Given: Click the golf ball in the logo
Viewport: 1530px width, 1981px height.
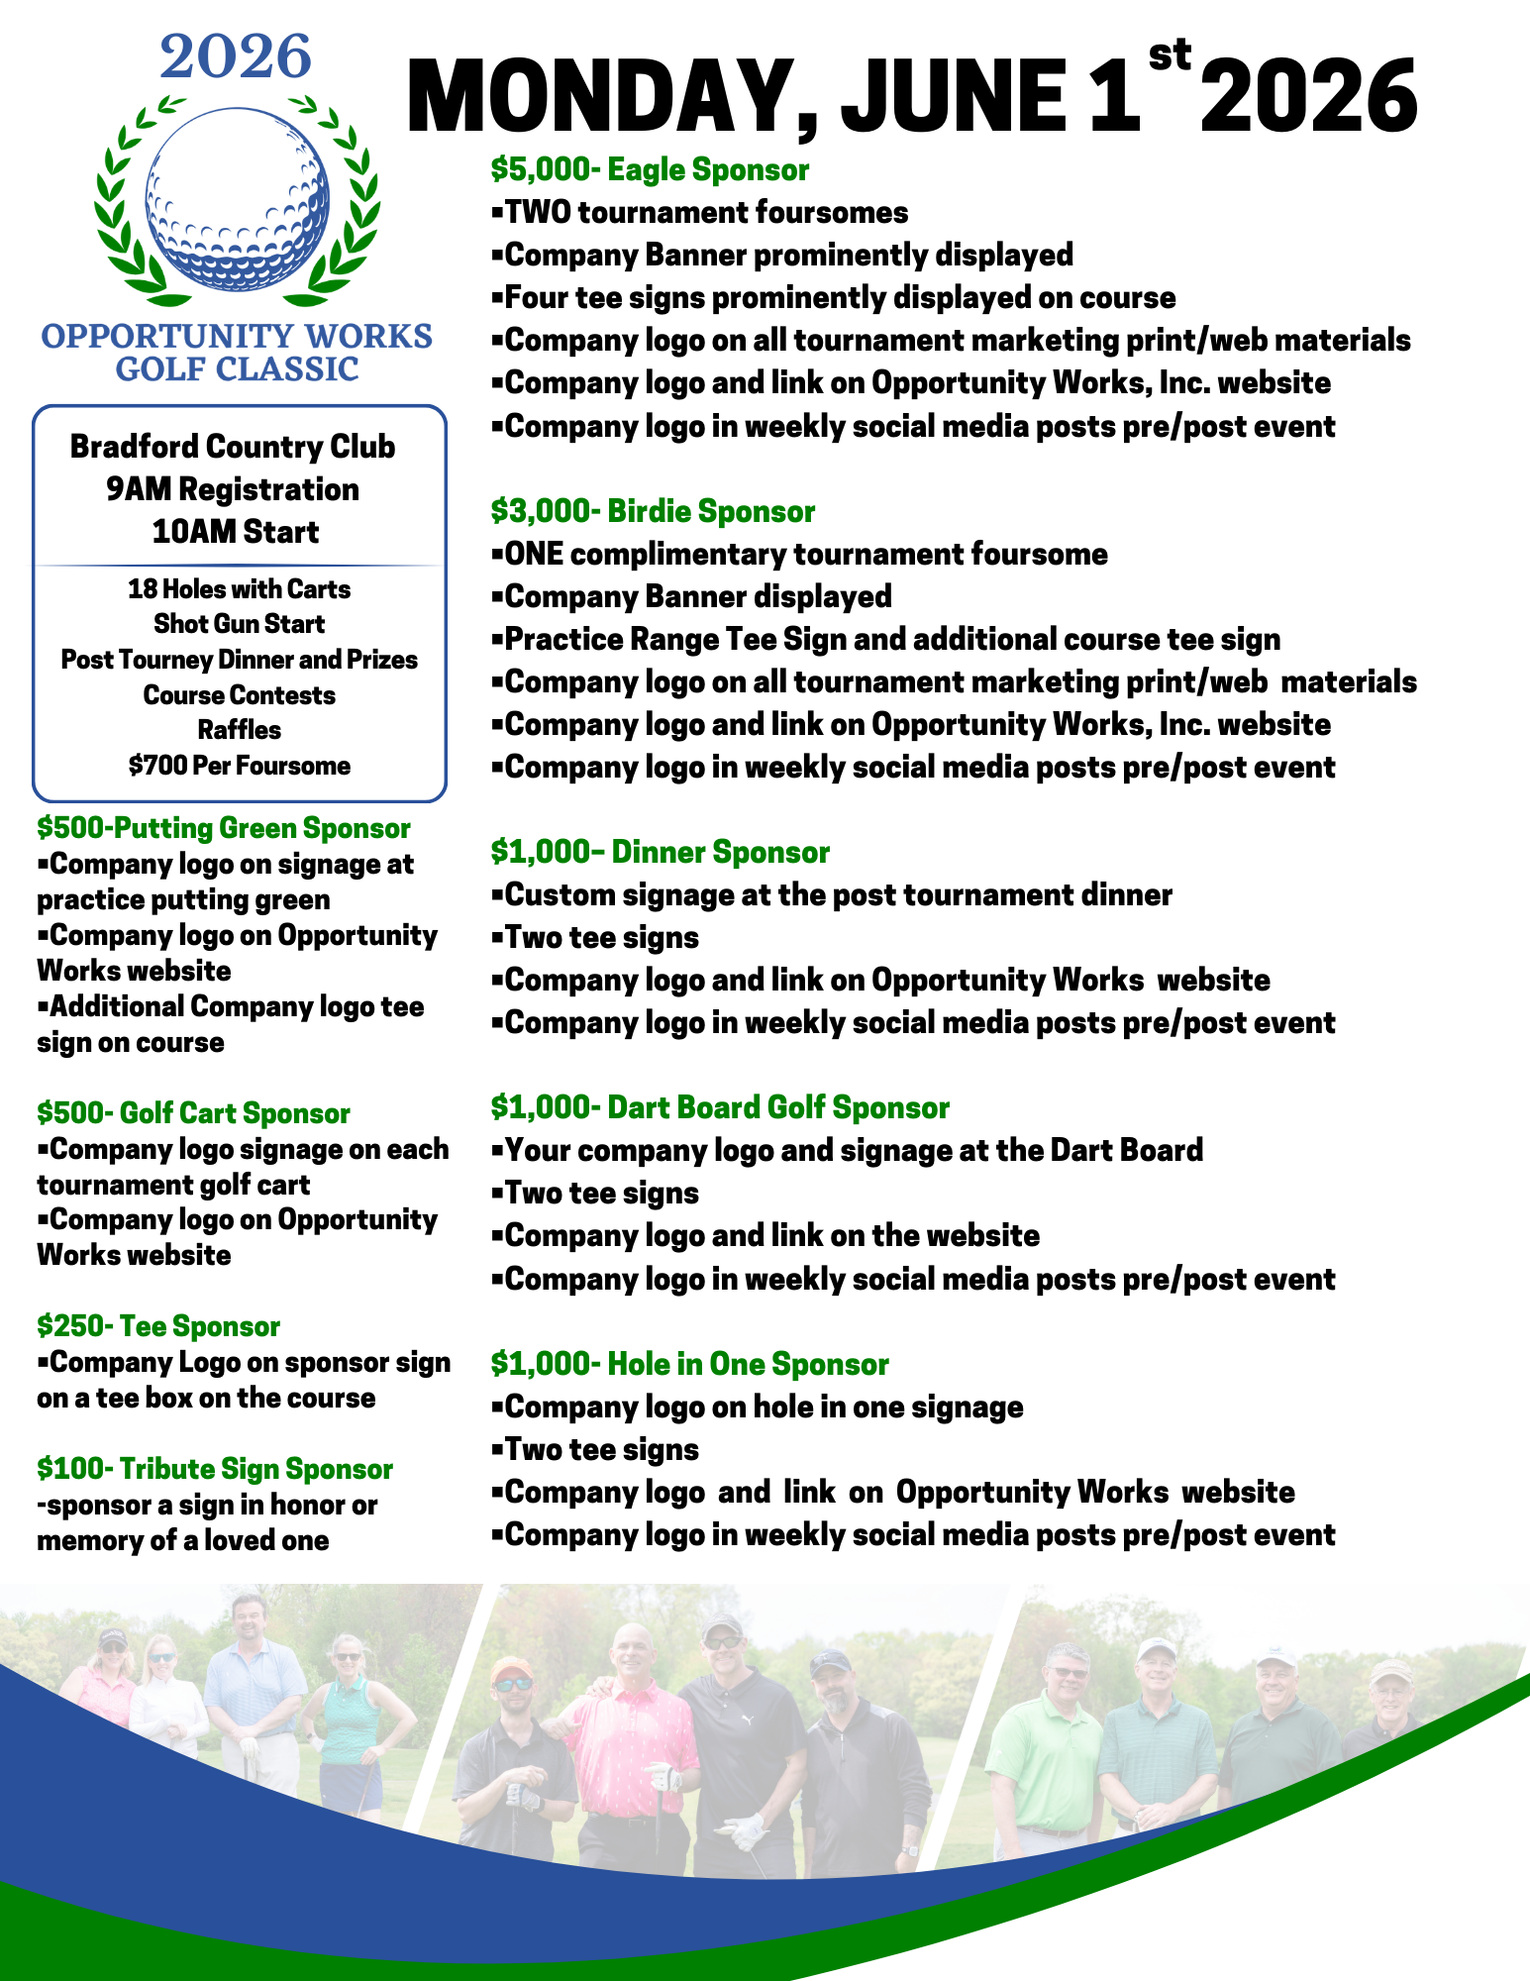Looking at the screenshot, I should click(x=237, y=198).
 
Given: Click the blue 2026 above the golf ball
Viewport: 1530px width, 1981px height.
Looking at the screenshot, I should click(x=236, y=57).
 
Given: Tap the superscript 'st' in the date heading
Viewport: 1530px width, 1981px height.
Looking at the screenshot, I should click(x=1169, y=55).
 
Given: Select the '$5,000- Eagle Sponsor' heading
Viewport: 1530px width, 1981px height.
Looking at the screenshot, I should click(x=650, y=169).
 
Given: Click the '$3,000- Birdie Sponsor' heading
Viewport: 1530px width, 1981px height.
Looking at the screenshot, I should click(x=653, y=511).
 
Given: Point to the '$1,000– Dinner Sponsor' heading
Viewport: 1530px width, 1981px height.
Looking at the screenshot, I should click(x=660, y=852).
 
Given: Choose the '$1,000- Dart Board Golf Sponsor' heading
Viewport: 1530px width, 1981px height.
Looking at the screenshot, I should click(x=720, y=1107).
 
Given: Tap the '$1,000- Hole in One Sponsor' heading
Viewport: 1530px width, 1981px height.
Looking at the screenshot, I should click(x=689, y=1364).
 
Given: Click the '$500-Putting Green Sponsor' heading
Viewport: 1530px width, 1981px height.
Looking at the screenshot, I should click(x=224, y=828).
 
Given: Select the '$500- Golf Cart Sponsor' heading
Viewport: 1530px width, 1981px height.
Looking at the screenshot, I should click(x=193, y=1113).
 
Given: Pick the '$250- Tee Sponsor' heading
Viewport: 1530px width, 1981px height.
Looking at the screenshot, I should click(x=158, y=1326).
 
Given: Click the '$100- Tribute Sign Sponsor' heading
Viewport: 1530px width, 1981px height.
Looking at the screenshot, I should click(x=215, y=1469).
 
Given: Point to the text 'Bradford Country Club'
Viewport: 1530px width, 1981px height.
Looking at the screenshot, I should click(x=233, y=447).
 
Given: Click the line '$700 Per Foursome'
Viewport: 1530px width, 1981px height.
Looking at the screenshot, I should click(x=240, y=766).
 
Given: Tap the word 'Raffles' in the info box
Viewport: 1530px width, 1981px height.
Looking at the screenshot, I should click(x=240, y=730).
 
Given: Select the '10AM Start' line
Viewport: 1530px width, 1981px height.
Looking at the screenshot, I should click(x=236, y=532).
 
